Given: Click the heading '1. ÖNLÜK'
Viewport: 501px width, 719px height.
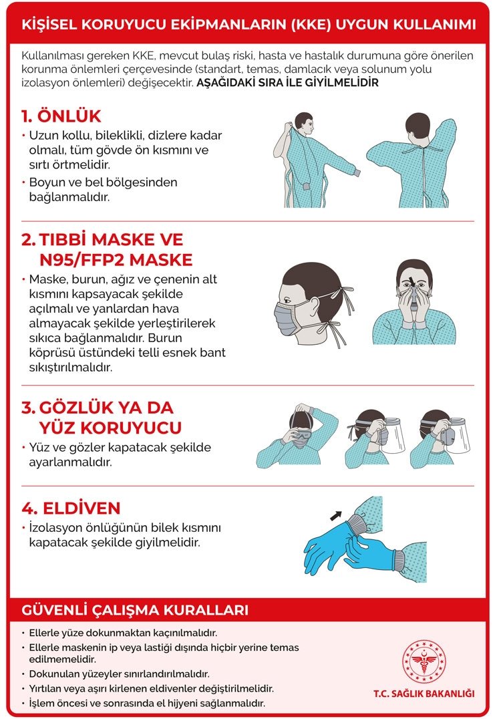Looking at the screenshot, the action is pos(61,116).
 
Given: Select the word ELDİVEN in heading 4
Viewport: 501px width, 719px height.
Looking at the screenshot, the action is pos(81,508).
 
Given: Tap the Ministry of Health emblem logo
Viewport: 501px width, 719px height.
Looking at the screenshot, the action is pos(424,662).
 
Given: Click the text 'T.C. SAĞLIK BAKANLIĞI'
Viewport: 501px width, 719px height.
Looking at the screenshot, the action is pos(424,694).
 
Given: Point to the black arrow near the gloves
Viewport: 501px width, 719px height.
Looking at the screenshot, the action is pos(336,515).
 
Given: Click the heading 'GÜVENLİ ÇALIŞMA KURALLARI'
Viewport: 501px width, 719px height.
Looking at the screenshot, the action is pos(135,610).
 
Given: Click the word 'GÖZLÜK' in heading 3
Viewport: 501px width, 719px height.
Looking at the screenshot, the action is pos(76,408).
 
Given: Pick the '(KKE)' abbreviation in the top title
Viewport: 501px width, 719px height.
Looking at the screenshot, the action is pos(311,24).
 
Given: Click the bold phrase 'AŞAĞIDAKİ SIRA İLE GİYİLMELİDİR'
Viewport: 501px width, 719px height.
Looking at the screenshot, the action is pos(287,83).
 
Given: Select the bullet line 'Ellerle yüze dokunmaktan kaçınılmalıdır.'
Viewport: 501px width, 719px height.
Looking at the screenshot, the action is pos(124,633).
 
